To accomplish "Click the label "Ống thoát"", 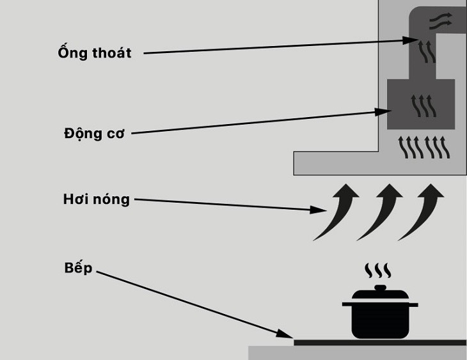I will click(94, 52).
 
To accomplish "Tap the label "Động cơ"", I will click(94, 134).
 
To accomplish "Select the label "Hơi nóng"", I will click(96, 200).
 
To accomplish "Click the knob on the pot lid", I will click(380, 288).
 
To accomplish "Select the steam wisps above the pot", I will click(377, 270).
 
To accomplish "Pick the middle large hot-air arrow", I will click(383, 211).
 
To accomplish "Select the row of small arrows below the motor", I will click(425, 147).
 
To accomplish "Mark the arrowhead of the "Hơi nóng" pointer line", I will click(316, 210).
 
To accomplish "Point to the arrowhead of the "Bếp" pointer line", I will click(288, 334).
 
